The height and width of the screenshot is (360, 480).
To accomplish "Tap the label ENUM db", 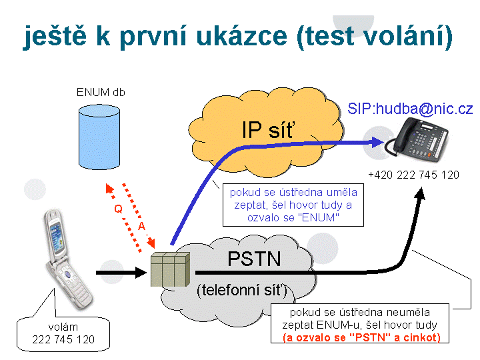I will [x=101, y=92].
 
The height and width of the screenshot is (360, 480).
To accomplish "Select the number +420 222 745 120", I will [x=413, y=175].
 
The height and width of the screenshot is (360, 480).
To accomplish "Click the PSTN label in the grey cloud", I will [x=254, y=259].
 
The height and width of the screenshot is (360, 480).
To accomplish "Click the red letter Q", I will [x=118, y=208].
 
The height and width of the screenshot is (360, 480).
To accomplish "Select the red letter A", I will [x=141, y=227].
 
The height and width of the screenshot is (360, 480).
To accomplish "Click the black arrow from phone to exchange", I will [x=120, y=272].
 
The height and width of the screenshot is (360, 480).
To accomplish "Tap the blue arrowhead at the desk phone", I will [x=381, y=142].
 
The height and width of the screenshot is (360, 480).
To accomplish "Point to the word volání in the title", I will [x=397, y=37].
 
